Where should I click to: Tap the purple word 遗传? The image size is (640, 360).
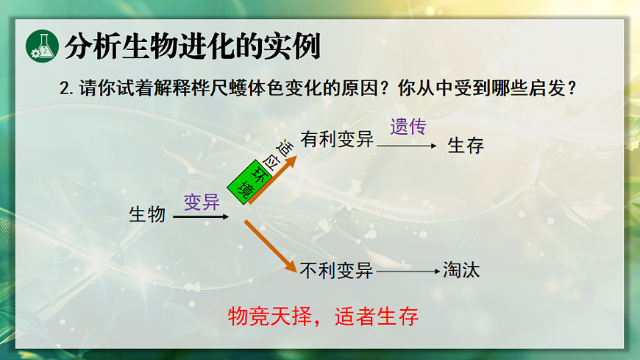coord(408,127)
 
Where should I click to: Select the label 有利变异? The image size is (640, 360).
coord(337,140)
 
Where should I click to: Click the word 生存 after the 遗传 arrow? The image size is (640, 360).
coord(466,145)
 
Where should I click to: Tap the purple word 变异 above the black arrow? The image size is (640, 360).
coord(201,201)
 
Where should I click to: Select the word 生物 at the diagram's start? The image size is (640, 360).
coord(147,215)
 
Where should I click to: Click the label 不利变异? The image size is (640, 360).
coord(337,271)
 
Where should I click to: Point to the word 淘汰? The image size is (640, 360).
coord(461,270)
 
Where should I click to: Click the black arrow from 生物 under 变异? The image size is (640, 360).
coord(201,216)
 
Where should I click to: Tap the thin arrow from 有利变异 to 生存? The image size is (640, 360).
coord(408,146)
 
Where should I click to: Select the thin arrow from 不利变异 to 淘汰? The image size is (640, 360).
coord(408,272)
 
